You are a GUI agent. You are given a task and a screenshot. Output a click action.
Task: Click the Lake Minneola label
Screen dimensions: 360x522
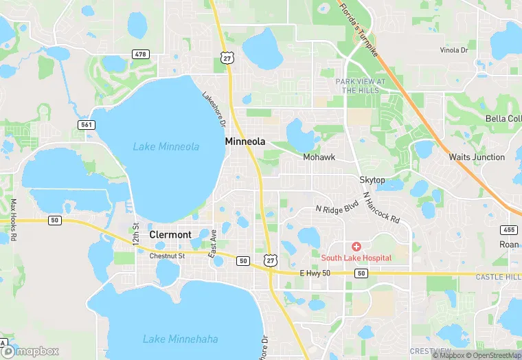[166, 146]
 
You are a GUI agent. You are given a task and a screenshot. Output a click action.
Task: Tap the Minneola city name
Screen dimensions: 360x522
[245, 141]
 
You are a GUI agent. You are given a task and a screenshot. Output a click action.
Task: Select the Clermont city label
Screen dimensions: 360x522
[170, 234]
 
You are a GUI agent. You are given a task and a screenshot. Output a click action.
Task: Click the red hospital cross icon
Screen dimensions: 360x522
[356, 247]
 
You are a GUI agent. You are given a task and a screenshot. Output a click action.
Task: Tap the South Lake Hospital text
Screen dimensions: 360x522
[356, 258]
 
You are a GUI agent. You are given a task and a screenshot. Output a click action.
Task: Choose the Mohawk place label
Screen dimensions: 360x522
[319, 157]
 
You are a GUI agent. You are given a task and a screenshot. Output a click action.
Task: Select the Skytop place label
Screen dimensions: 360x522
[372, 180]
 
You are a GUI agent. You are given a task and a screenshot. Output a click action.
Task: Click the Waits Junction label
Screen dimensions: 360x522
[477, 157]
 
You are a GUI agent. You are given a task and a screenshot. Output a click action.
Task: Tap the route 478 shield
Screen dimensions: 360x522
[141, 54]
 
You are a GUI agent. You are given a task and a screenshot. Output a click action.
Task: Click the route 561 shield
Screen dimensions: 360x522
[86, 124]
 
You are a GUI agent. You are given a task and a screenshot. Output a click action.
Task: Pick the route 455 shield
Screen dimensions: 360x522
[510, 229]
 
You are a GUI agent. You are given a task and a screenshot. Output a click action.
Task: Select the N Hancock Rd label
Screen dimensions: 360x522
[381, 207]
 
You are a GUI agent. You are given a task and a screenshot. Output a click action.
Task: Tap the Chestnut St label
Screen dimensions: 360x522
[168, 256]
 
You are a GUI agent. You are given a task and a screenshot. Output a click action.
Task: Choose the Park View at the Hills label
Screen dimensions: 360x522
[361, 86]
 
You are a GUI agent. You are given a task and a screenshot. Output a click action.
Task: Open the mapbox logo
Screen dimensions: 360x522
[30, 350]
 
